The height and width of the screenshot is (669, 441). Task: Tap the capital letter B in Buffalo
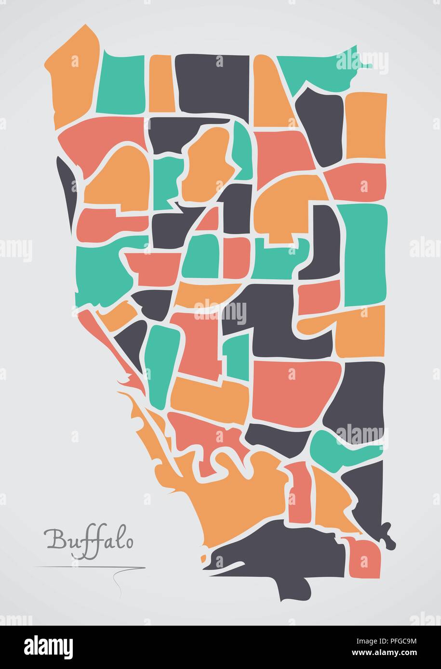point(54,539)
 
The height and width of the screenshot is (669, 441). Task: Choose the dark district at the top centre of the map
point(212,82)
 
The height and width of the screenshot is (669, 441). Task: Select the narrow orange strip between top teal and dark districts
point(160,84)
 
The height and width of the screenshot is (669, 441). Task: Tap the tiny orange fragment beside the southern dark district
point(204,558)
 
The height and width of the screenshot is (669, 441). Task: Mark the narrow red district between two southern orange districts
point(299,491)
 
